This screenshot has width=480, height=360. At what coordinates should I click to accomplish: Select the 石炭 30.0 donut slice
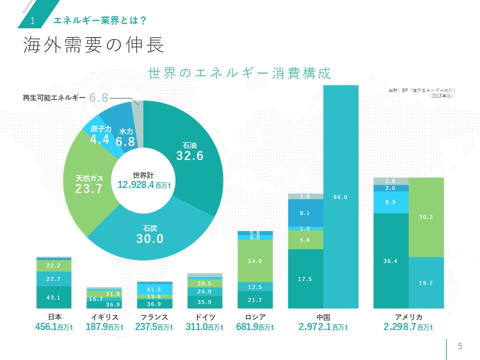click(x=150, y=235)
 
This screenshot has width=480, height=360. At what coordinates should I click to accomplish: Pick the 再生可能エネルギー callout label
click(x=54, y=98)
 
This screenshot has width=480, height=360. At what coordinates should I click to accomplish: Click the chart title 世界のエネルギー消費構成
click(x=240, y=73)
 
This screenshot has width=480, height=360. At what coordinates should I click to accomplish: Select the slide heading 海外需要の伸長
click(x=94, y=46)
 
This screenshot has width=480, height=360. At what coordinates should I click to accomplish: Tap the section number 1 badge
click(x=32, y=20)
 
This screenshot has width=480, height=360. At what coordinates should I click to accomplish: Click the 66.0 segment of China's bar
click(x=341, y=197)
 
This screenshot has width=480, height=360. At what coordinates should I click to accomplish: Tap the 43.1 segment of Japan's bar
click(x=54, y=297)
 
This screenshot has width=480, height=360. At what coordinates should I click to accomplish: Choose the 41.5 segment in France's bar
click(x=154, y=289)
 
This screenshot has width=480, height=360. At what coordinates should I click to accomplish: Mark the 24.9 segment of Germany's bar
click(x=204, y=291)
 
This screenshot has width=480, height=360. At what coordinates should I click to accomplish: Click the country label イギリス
click(x=104, y=317)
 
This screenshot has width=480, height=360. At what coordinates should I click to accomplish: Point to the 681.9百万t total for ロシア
click(x=254, y=327)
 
